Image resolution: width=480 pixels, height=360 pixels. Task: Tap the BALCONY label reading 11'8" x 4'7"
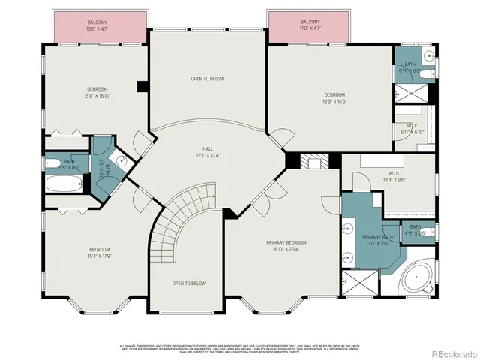coord(310,25)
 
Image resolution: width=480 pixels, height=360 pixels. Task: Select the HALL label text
coord(208,151)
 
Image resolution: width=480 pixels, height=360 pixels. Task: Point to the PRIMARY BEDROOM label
coord(286,245)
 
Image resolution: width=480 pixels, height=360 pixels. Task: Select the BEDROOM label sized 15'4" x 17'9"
coord(100,253)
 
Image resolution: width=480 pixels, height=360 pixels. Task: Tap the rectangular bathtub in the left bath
coord(64,184)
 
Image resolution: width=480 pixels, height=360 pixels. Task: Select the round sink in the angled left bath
coord(121,158)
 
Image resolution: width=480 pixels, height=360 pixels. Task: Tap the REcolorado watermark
coord(450,353)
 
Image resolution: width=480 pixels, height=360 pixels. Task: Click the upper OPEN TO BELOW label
coord(207,79)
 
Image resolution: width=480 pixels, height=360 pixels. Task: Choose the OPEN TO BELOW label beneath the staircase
coord(189,283)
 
